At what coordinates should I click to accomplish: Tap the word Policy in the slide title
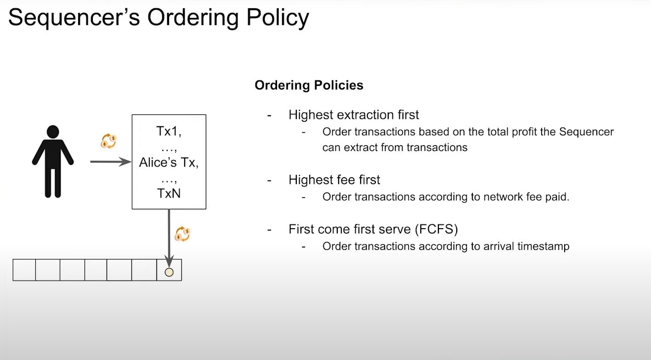coord(277,18)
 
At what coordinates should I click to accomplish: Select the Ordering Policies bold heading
coord(309,85)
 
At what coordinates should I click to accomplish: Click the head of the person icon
coord(53,132)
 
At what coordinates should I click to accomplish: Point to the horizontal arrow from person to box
coord(111,162)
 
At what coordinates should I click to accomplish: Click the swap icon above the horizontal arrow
coord(109,141)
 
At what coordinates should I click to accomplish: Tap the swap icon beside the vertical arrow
coord(182,234)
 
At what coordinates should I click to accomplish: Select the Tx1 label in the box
coord(169,131)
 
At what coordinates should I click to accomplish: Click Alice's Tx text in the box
coord(169,163)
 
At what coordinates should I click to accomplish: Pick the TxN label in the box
coord(169,193)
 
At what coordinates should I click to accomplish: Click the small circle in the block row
coord(169,272)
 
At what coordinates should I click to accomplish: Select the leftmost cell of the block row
coord(24,270)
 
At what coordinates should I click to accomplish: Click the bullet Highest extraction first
coord(354,115)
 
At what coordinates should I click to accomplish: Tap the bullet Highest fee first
coord(334,180)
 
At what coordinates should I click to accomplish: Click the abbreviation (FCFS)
coord(436,229)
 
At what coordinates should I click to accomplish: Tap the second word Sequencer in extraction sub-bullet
coord(587,132)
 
